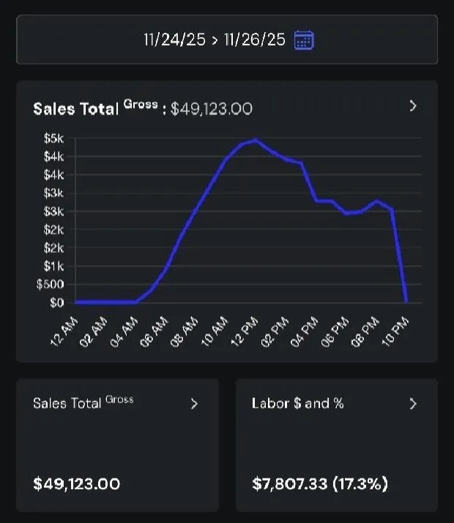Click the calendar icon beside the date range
pyautogui.click(x=303, y=39)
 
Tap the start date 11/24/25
pyautogui.click(x=174, y=39)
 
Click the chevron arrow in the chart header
pyautogui.click(x=413, y=106)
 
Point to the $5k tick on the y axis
pyautogui.click(x=54, y=138)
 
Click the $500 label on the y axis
pyautogui.click(x=50, y=285)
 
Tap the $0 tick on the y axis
pyautogui.click(x=57, y=302)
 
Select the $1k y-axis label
pyautogui.click(x=54, y=266)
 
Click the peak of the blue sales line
pyautogui.click(x=255, y=140)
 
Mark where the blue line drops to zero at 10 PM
pyautogui.click(x=406, y=301)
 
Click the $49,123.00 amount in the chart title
pyautogui.click(x=212, y=109)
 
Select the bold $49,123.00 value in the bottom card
pyautogui.click(x=77, y=484)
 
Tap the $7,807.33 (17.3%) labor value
pyautogui.click(x=320, y=484)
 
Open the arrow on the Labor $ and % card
pyautogui.click(x=413, y=403)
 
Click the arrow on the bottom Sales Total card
pyautogui.click(x=194, y=403)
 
